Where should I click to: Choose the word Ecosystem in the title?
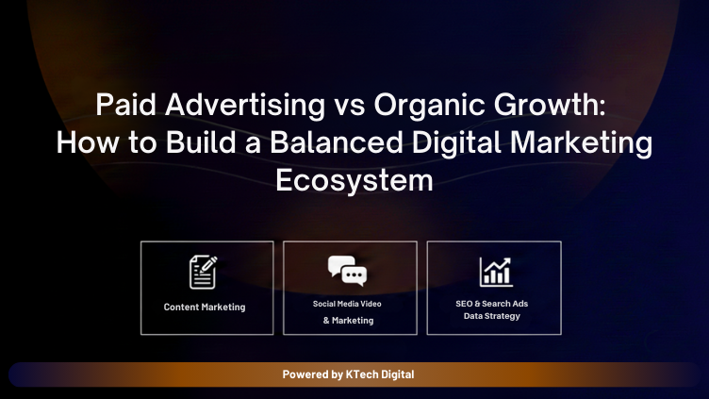point(354,179)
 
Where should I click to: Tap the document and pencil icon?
point(204,272)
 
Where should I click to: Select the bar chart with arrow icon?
point(495,272)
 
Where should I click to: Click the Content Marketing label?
point(205,308)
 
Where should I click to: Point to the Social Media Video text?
point(348,304)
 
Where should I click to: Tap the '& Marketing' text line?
point(348,321)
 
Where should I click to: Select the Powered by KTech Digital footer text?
point(348,374)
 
